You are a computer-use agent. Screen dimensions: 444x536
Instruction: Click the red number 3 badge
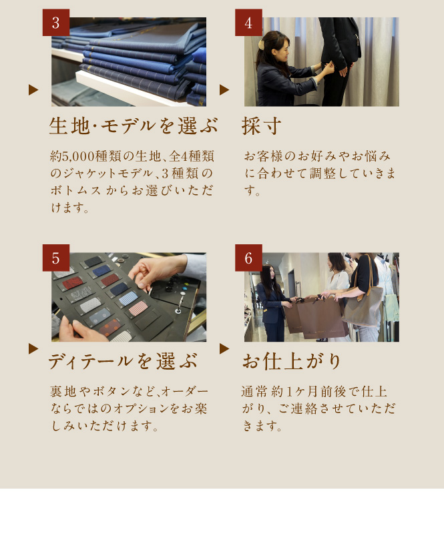pyautogui.click(x=56, y=23)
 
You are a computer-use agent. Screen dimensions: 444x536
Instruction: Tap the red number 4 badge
pyautogui.click(x=248, y=23)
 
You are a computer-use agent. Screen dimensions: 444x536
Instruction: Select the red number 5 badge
pyautogui.click(x=56, y=258)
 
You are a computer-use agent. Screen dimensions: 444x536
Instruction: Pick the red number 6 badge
pyautogui.click(x=248, y=258)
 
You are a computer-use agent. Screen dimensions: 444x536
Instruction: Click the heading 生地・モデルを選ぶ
pyautogui.click(x=134, y=125)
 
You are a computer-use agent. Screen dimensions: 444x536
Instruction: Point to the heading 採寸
pyautogui.click(x=262, y=125)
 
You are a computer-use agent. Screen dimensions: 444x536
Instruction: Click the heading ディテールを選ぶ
pyautogui.click(x=123, y=361)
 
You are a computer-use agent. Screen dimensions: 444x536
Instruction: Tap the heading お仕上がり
pyautogui.click(x=292, y=361)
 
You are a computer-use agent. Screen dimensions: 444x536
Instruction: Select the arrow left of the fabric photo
pyautogui.click(x=33, y=90)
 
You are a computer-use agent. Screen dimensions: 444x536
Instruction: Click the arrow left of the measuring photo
pyautogui.click(x=224, y=90)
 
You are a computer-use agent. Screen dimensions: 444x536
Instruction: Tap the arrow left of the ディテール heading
pyautogui.click(x=33, y=348)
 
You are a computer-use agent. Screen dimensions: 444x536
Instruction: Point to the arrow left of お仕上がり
pyautogui.click(x=224, y=348)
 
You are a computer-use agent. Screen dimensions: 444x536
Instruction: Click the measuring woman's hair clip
pyautogui.click(x=262, y=44)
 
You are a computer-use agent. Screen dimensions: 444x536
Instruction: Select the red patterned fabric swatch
pyautogui.click(x=73, y=282)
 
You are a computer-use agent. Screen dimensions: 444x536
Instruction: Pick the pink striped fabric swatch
pyautogui.click(x=138, y=308)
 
